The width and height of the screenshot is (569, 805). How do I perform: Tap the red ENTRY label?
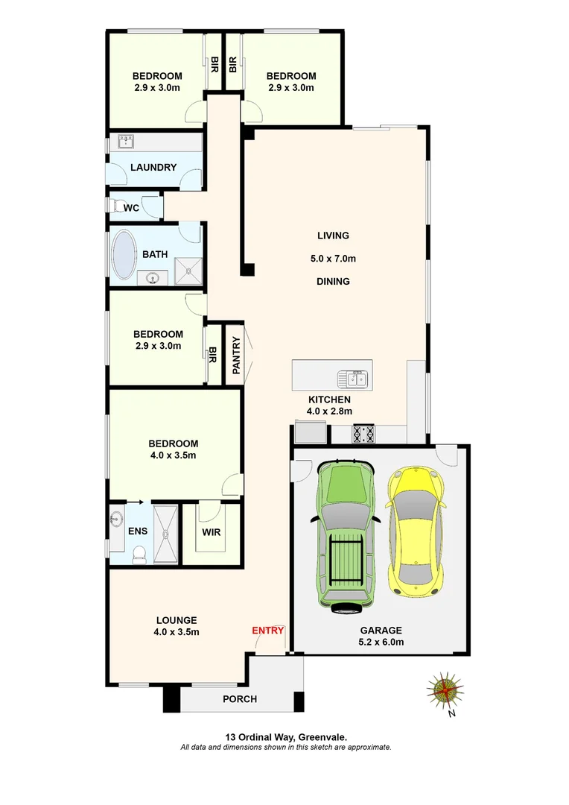[x=268, y=631]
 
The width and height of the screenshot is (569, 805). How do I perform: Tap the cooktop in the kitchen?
[x=364, y=433]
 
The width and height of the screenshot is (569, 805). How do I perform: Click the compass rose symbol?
[x=445, y=689]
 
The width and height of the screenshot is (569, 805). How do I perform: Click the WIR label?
[x=212, y=533]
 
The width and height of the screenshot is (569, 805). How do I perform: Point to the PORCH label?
[x=240, y=699]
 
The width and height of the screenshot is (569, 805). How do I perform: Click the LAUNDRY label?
[x=153, y=167]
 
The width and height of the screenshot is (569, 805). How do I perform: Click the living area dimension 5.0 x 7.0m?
[x=333, y=259]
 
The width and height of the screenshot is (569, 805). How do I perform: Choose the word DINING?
[x=333, y=282]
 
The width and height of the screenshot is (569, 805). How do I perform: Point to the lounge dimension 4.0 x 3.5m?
[x=177, y=631]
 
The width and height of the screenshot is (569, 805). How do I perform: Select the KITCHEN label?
[x=329, y=400]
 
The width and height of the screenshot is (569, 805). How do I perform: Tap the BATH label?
[x=155, y=254]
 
